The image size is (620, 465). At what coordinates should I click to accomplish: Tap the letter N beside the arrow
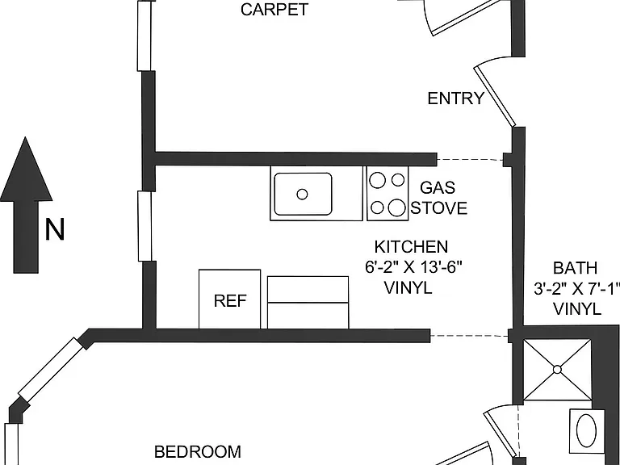click(x=55, y=229)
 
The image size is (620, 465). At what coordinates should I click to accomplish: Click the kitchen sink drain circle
click(x=302, y=194)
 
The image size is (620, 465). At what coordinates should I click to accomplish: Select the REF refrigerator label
click(x=230, y=301)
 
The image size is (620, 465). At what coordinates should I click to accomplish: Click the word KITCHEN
click(x=411, y=247)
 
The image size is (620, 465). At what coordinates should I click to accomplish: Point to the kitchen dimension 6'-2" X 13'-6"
click(x=413, y=267)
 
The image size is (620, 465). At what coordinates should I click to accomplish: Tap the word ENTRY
click(x=456, y=98)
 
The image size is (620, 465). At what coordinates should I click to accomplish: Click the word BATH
click(x=575, y=268)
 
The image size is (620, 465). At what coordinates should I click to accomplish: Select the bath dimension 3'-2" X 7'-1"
click(x=576, y=289)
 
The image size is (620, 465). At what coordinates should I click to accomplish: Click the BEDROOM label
click(x=197, y=451)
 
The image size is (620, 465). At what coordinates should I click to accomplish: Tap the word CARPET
click(x=274, y=10)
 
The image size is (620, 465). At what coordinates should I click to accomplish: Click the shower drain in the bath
click(x=557, y=370)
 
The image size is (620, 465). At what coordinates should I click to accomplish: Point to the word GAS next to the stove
click(x=438, y=187)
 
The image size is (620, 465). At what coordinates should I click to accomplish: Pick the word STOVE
click(x=439, y=208)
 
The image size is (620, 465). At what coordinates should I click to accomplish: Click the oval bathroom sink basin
click(x=586, y=430)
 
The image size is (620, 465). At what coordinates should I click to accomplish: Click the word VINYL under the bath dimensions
click(x=577, y=309)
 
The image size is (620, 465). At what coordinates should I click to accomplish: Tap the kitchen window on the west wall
click(x=145, y=226)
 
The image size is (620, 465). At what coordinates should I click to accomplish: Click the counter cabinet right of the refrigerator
click(x=308, y=303)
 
